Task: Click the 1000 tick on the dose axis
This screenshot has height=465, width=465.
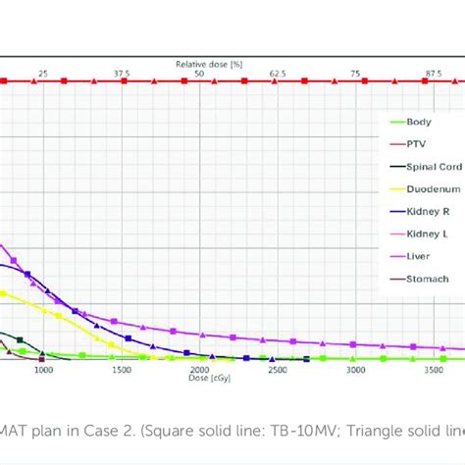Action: (x=43, y=371)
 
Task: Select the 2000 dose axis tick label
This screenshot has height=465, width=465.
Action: (x=199, y=371)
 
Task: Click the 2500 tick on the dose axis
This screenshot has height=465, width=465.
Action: (x=278, y=371)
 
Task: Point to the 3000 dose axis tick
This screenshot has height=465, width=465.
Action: (x=355, y=371)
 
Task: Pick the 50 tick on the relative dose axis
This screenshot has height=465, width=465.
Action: (x=199, y=74)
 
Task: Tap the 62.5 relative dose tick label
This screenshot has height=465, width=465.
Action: (x=278, y=74)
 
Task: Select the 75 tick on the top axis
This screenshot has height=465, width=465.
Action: (x=355, y=74)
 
